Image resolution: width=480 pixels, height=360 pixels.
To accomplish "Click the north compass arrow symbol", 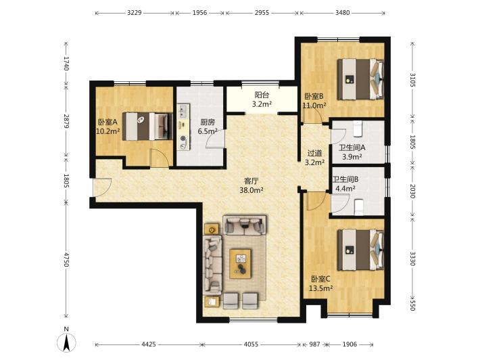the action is tap(66, 342).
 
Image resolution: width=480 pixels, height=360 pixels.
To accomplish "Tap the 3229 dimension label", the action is tap(135, 13).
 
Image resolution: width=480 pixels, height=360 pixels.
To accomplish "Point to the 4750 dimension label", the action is tap(66, 259).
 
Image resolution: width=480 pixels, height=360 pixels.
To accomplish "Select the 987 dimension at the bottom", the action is tap(314, 344).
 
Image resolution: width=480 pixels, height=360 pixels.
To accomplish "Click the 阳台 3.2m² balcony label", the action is tap(262, 100).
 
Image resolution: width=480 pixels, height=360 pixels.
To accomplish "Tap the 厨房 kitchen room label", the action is tap(208, 122).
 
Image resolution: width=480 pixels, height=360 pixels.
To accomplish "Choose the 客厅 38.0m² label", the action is tap(251, 185).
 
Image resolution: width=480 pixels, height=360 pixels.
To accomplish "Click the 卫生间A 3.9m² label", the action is tap(352, 152).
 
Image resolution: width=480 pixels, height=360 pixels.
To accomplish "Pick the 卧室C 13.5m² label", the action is tap(321, 284).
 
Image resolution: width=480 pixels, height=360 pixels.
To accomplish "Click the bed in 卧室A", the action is tap(147, 127).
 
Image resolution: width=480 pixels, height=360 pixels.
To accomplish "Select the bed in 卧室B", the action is tap(361, 79).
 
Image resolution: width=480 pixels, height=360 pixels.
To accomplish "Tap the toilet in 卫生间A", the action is tap(358, 129).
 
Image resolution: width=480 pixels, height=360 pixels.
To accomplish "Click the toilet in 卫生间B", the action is tap(359, 207).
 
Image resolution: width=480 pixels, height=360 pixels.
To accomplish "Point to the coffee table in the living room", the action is tap(241, 264).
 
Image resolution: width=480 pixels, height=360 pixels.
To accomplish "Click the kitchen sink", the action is tap(183, 111).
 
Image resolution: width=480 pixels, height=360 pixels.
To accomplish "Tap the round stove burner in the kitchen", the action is tap(183, 139).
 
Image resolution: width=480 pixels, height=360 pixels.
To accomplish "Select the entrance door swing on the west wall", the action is tap(102, 187).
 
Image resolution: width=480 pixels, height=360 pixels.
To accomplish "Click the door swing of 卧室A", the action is tap(159, 158).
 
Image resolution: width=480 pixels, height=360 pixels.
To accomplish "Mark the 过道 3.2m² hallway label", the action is tap(314, 158).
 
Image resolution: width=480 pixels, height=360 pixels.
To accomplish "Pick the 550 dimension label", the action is tap(412, 305).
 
